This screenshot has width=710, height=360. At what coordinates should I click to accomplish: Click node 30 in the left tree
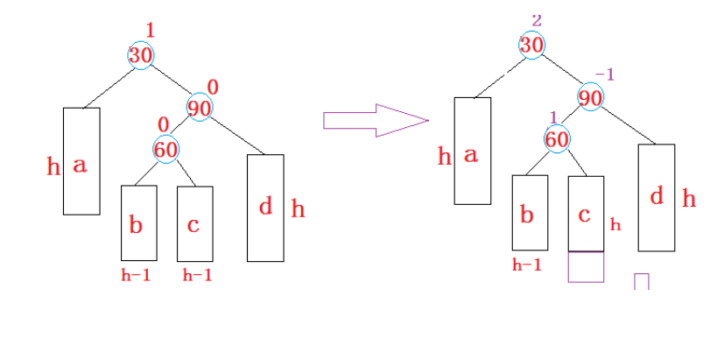[141, 54]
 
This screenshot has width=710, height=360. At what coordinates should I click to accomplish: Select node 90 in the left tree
[200, 108]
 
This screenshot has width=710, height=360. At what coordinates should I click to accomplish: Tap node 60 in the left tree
[166, 149]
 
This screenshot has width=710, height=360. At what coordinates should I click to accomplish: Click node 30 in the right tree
[532, 45]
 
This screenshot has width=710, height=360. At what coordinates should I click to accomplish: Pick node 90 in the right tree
[591, 97]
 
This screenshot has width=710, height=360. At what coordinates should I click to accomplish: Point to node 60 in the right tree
[557, 138]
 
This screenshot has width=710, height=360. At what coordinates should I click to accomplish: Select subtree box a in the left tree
[81, 160]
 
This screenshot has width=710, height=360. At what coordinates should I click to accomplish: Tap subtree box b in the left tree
[138, 222]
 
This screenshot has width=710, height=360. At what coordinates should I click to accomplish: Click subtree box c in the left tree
[194, 222]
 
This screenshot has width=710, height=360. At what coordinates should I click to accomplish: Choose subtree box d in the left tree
[265, 208]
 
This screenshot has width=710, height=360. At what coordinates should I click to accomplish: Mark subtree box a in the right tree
[472, 151]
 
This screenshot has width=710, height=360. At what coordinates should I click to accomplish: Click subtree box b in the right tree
[530, 213]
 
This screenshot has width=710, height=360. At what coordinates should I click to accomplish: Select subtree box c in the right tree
[586, 213]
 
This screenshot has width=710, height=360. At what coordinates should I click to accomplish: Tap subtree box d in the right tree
[657, 197]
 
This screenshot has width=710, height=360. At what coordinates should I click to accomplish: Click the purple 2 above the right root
[537, 20]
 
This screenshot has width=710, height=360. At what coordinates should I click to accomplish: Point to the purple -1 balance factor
[604, 74]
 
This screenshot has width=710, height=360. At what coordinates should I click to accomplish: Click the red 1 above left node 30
[150, 30]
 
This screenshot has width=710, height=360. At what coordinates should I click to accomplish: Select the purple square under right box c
[586, 267]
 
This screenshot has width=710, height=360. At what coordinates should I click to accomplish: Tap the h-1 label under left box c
[197, 275]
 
